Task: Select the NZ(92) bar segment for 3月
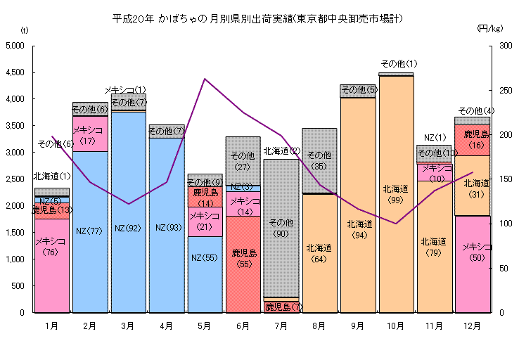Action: [x=129, y=211]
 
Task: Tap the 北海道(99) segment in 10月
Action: [x=396, y=193]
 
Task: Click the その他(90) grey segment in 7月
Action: [x=281, y=229]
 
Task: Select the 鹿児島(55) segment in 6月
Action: [x=243, y=264]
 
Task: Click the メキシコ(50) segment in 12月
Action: [x=472, y=264]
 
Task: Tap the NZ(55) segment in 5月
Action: [x=205, y=274]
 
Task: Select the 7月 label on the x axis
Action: [x=281, y=326]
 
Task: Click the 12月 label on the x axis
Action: [x=473, y=326]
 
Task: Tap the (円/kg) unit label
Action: [x=489, y=29]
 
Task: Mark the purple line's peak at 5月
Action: [x=205, y=79]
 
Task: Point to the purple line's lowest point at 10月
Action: [x=396, y=224]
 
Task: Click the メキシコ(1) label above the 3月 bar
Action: [x=126, y=89]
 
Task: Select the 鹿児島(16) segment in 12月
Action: [x=472, y=139]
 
